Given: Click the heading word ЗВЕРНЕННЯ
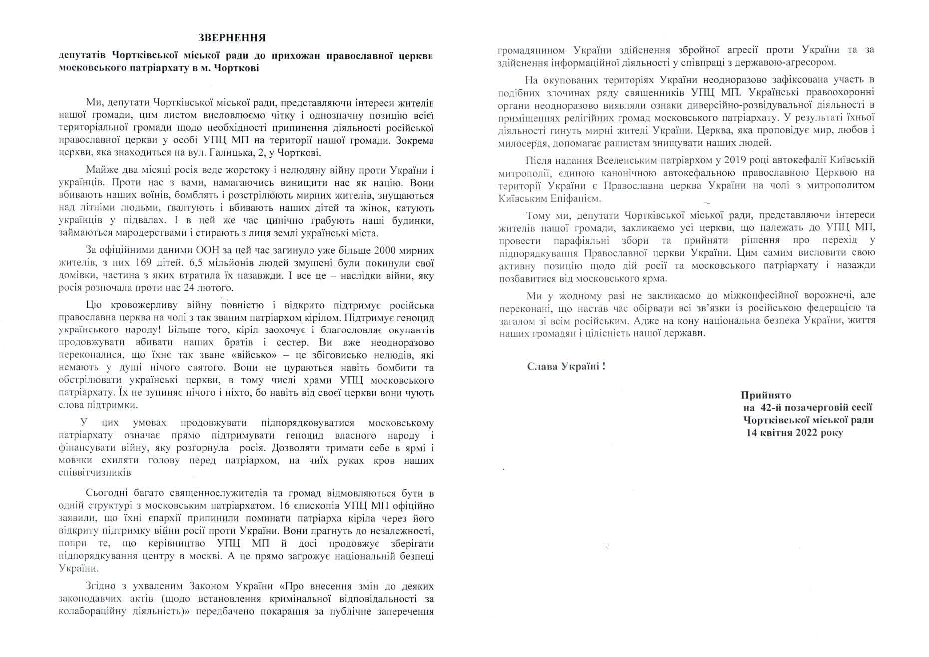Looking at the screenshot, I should (232, 38).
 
